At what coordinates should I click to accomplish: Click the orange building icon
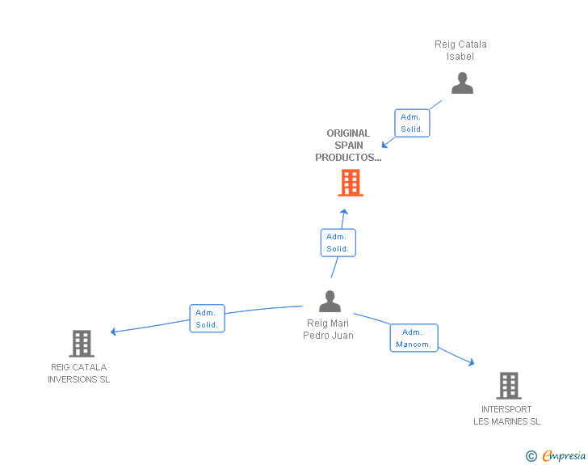[351, 183]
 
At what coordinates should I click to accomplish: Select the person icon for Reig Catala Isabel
[462, 82]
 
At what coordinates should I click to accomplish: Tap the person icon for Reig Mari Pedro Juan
[330, 301]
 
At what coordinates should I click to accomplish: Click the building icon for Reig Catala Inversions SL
[82, 344]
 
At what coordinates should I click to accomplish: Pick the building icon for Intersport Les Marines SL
[509, 386]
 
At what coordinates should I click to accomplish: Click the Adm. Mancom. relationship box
[414, 338]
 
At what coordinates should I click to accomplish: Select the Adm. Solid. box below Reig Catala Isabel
[412, 123]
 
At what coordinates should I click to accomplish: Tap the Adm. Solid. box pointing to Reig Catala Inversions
[207, 319]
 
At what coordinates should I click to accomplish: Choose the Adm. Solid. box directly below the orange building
[338, 243]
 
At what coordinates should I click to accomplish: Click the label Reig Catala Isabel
[460, 50]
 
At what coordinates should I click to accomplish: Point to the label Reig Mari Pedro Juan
[328, 329]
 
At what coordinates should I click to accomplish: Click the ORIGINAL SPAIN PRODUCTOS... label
[348, 146]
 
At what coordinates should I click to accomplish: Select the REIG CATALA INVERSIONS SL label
[79, 374]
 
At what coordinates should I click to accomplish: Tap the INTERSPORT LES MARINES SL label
[506, 416]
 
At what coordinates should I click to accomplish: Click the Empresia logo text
[564, 455]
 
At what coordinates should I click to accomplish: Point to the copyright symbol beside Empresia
[531, 456]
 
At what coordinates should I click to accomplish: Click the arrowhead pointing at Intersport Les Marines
[472, 362]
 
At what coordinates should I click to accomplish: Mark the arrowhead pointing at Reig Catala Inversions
[113, 332]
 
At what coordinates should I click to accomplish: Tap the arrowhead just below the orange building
[344, 212]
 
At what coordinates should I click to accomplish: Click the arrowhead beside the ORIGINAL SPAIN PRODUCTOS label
[384, 145]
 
